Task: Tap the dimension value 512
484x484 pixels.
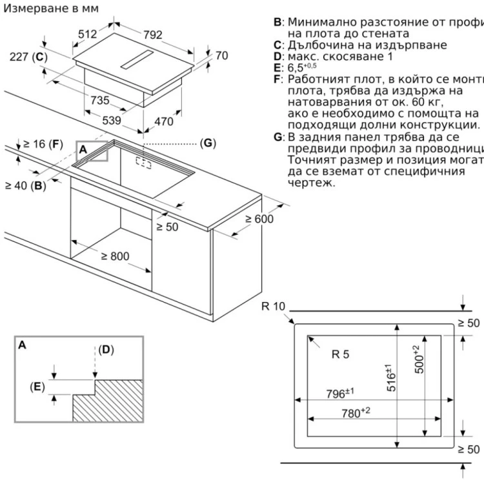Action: (87, 34)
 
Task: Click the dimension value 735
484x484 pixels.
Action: (100, 101)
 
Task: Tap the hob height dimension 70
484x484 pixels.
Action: (221, 56)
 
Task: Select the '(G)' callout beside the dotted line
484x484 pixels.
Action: (207, 143)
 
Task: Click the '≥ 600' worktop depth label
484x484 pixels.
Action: (259, 219)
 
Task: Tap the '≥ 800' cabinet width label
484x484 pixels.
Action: (114, 256)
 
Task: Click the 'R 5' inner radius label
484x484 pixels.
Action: (340, 354)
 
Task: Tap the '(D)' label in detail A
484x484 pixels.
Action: (106, 350)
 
